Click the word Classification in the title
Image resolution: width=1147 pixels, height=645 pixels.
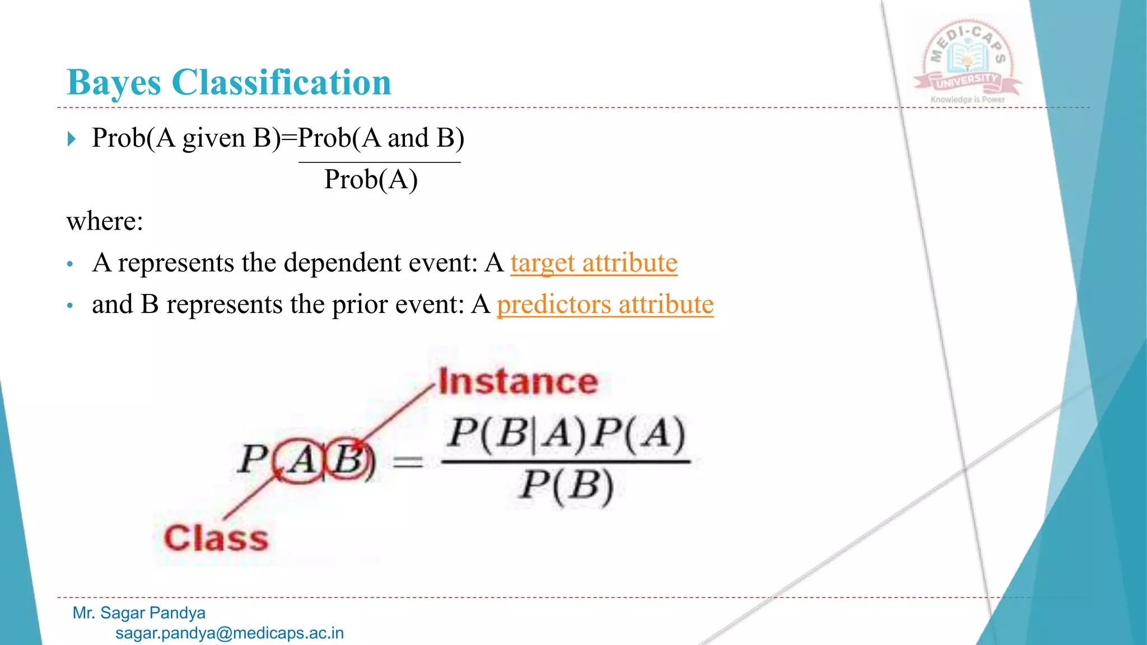281,83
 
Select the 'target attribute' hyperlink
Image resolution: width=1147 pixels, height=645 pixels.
594,263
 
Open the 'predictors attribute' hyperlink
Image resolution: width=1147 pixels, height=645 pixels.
605,305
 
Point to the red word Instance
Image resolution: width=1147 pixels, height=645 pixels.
518,382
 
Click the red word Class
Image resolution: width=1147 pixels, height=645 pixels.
216,538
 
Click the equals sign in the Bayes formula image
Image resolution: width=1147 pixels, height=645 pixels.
408,462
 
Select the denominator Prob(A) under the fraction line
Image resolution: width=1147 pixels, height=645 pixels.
371,180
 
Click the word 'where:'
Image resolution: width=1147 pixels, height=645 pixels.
105,221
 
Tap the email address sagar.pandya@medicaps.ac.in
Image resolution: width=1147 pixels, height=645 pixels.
230,633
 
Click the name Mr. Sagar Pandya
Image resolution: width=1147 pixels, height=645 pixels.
139,613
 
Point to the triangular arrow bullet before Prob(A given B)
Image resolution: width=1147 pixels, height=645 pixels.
71,138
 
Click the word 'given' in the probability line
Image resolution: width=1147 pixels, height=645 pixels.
213,138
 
